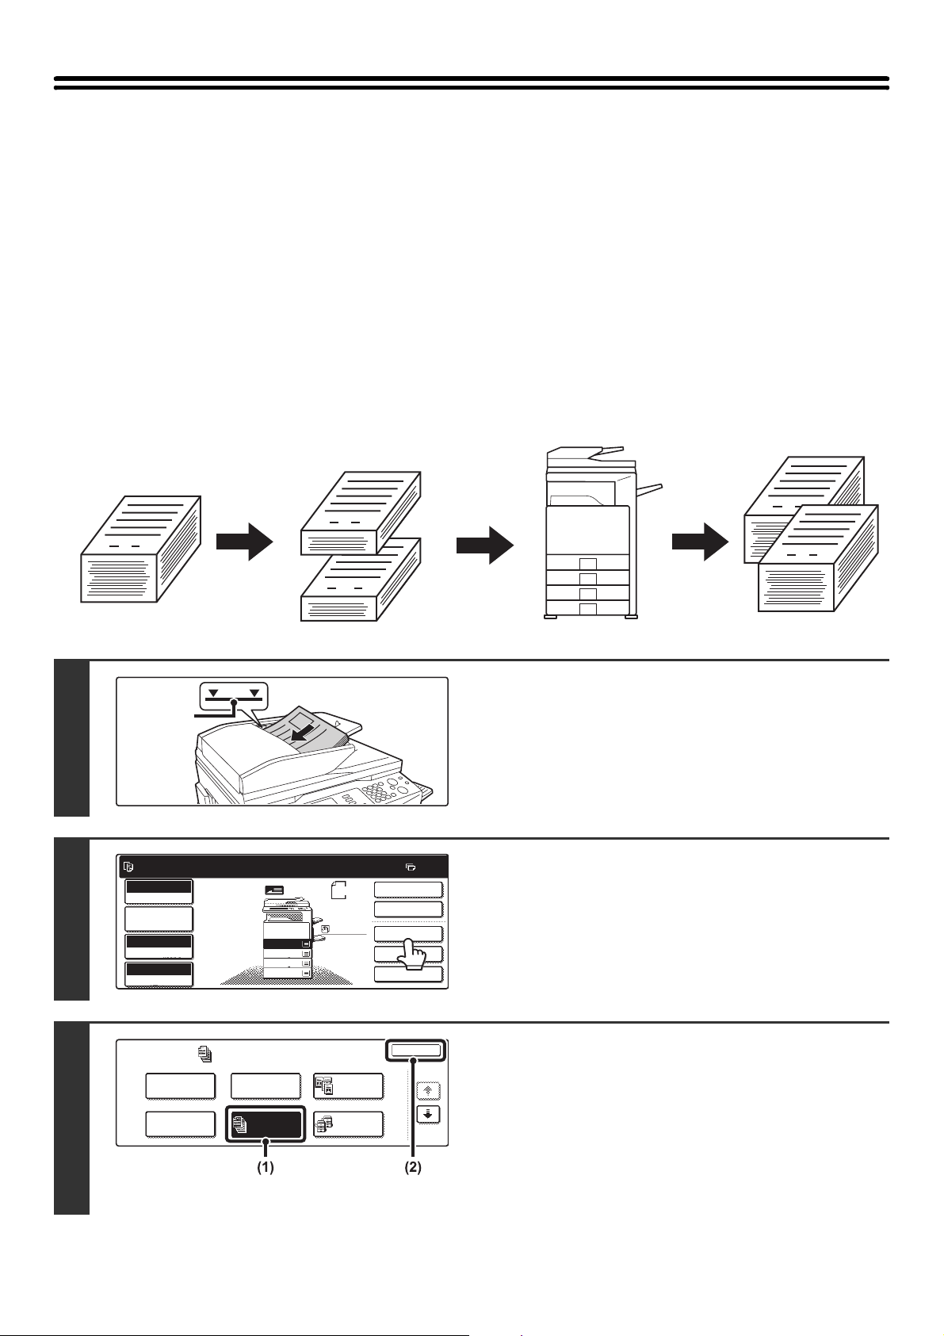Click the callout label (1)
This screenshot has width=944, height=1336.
pos(265,1168)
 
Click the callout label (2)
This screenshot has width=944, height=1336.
pos(411,1168)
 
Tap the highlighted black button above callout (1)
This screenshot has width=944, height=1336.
pos(265,1124)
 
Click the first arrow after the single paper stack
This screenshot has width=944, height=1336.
pos(245,542)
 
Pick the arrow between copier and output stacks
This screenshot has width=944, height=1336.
pos(700,545)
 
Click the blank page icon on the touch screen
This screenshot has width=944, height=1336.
pos(338,890)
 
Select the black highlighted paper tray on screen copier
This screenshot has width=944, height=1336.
pos(287,944)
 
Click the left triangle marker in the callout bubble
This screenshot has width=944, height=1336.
pos(212,693)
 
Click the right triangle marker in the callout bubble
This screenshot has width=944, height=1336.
pos(254,693)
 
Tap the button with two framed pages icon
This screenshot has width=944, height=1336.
pos(348,1085)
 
